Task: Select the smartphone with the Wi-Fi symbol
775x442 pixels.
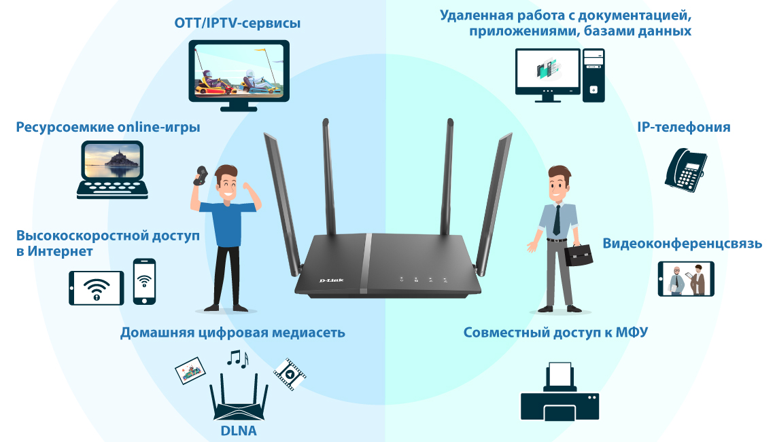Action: (x=144, y=281)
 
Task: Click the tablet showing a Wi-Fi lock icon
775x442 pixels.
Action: (x=97, y=288)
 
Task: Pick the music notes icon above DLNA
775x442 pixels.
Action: (x=237, y=357)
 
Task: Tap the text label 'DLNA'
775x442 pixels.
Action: (x=239, y=430)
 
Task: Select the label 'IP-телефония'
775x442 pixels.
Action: (x=684, y=127)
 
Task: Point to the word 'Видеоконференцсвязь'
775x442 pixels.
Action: (x=683, y=243)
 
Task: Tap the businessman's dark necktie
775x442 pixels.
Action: (x=557, y=218)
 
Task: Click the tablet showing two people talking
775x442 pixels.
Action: (x=685, y=279)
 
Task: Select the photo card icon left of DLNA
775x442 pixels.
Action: (x=190, y=371)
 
